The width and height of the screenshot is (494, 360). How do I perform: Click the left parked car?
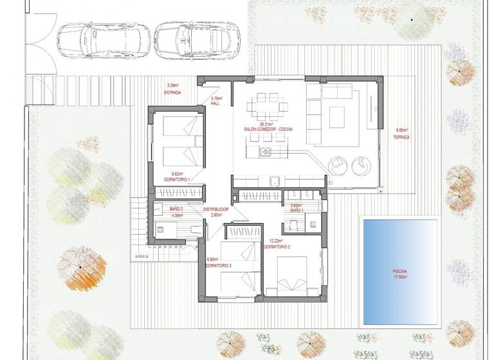(98, 39)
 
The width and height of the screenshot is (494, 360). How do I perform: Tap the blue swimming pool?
(401, 270)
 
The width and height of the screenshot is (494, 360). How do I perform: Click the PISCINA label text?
(400, 271)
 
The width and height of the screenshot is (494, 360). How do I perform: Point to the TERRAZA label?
(403, 137)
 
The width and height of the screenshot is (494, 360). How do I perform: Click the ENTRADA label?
(172, 93)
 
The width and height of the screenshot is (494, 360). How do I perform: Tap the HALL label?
(216, 103)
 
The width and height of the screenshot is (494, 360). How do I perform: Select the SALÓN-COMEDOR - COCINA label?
(268, 129)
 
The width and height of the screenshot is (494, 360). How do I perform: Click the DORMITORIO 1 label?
(178, 179)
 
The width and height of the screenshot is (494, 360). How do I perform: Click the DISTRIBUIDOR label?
(216, 209)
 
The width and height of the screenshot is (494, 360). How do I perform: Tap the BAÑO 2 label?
(177, 209)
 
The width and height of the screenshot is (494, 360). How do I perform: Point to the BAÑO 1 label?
(297, 210)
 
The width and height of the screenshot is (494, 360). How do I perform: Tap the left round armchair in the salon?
(338, 165)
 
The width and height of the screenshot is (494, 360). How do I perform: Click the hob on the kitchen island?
(265, 152)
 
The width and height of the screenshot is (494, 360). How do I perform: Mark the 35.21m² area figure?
(267, 123)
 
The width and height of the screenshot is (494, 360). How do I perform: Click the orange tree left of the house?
(80, 269)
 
